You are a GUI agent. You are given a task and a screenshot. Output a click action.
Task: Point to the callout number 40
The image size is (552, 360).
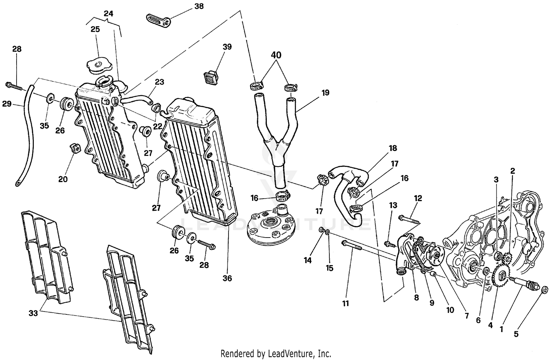coord(276,55)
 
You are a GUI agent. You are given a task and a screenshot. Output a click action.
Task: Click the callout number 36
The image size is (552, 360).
coord(227,278)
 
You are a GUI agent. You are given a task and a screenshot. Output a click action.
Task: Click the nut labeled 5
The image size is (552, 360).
coord(545,289)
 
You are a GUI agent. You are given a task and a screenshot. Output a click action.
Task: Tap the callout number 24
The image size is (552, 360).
coord(108,14)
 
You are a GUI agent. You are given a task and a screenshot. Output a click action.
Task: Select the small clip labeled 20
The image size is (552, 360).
coord(74,149)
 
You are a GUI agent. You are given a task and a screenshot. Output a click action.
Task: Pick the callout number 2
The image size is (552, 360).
coord(513,171)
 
